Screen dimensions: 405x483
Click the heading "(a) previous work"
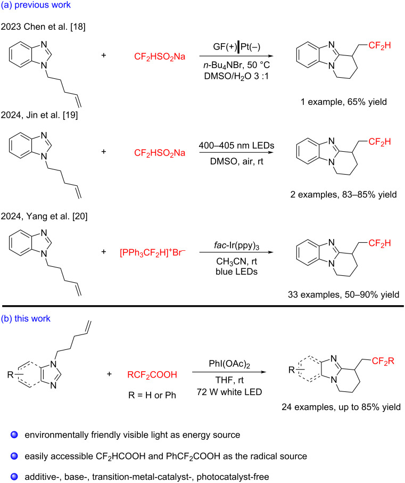pos(36,5)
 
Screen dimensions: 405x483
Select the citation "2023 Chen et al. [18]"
pos(43,27)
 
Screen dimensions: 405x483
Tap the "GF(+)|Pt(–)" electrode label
pos(236,47)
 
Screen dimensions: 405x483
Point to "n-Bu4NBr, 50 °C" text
pos(236,66)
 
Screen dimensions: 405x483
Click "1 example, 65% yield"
pos(343,102)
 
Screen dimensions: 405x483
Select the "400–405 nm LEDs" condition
pos(236,145)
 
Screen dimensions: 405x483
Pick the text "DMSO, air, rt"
pos(236,161)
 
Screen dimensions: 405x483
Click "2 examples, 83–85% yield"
pos(343,195)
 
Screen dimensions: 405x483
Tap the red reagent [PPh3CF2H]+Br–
pos(152,252)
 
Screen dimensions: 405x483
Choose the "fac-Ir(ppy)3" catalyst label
pos(236,246)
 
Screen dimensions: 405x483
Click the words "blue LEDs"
pos(236,272)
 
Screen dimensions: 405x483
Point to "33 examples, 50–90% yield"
pos(343,295)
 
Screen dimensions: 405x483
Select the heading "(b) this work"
pos(26,318)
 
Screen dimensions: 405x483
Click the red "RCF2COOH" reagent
pos(152,375)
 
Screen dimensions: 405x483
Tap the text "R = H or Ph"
pos(152,395)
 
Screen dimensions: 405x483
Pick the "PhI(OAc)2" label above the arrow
pos(229,364)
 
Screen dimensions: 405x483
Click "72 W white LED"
pos(229,392)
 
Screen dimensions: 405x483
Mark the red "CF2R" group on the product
pos(383,361)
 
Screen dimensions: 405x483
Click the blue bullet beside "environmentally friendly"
pos(14,435)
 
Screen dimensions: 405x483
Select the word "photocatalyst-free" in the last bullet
pos(233,477)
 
